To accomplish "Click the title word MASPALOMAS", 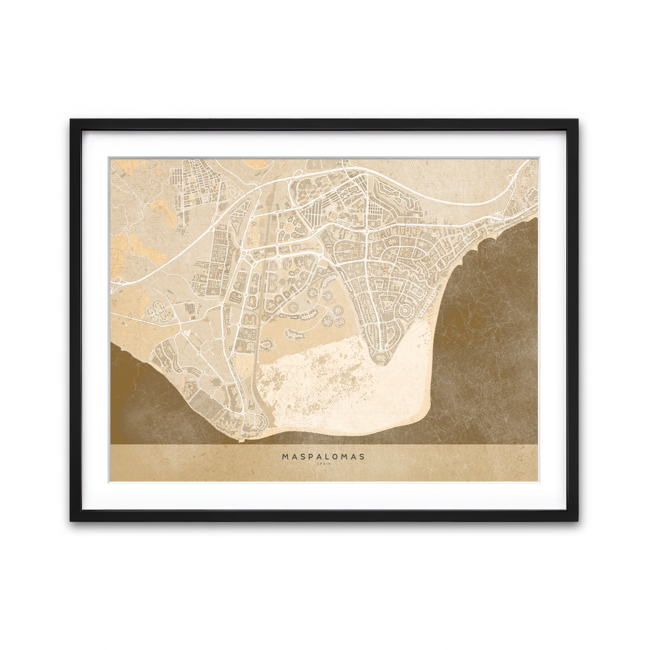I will pyautogui.click(x=323, y=457).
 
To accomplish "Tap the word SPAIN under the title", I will pyautogui.click(x=323, y=464).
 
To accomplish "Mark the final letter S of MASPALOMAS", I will pyautogui.click(x=362, y=457).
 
